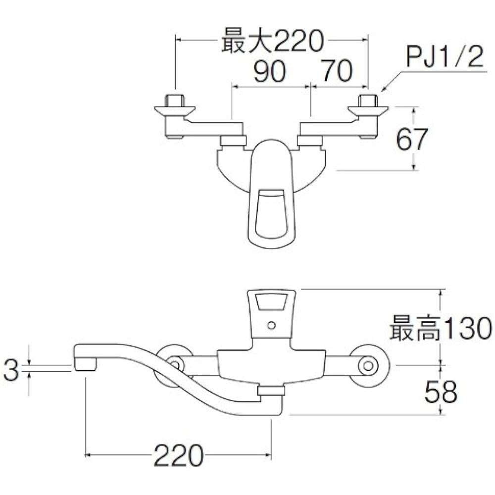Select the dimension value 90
(270, 72)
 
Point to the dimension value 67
(411, 140)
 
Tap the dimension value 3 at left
(10, 370)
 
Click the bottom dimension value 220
(178, 455)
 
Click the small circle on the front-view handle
(270, 326)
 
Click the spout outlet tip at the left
(85, 365)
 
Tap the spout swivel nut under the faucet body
(272, 392)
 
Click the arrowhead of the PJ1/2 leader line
(382, 90)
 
